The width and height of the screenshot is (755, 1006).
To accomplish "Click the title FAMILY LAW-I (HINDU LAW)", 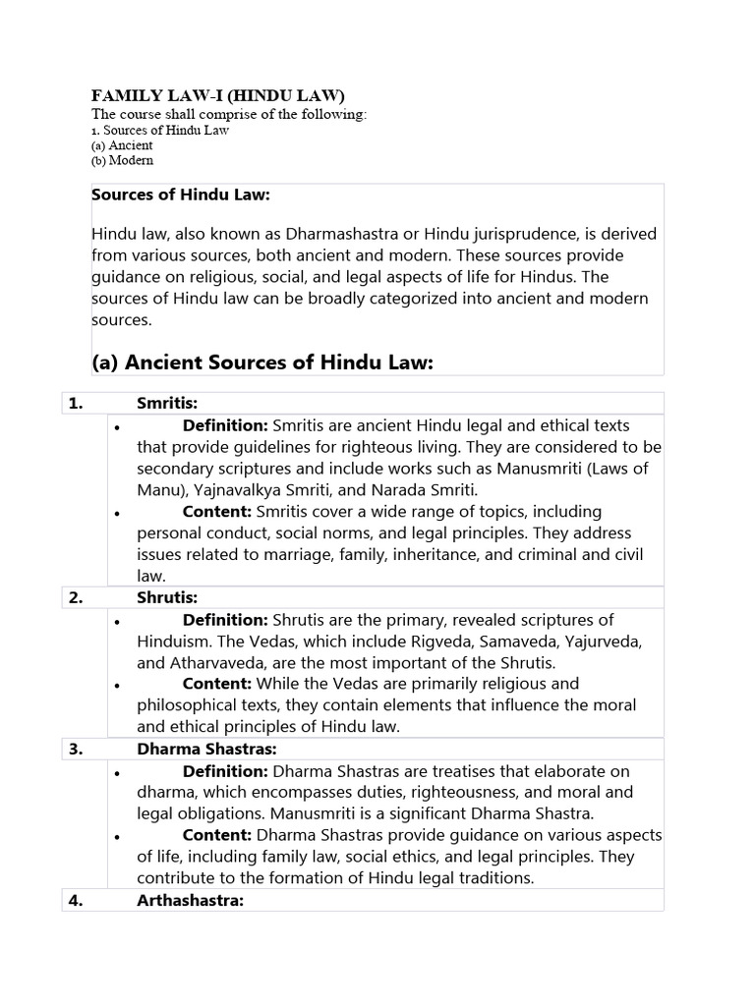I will click(x=218, y=95).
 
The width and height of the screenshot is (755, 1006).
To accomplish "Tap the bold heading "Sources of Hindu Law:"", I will click(x=181, y=195).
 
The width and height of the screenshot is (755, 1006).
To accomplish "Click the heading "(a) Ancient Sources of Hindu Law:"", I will click(x=262, y=363).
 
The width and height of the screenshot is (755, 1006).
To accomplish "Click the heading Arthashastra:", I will click(x=190, y=900).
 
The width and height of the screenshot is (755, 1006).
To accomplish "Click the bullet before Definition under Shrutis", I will click(x=117, y=621).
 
